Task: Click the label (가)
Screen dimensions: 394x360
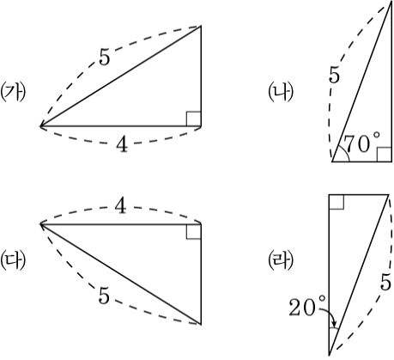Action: tap(13, 93)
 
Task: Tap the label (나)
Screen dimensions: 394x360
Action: tap(281, 93)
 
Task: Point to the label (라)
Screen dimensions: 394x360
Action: tap(281, 260)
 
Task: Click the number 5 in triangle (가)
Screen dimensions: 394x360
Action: tap(104, 57)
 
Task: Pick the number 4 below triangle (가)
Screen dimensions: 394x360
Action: tap(122, 143)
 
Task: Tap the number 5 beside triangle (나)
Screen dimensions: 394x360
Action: tap(335, 75)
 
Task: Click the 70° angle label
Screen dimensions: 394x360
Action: tap(361, 143)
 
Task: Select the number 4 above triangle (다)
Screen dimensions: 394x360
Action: tap(120, 206)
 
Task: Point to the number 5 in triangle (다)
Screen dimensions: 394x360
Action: tap(104, 296)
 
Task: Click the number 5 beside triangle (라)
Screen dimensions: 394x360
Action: tap(385, 282)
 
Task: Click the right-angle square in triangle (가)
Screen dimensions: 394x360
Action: tap(194, 119)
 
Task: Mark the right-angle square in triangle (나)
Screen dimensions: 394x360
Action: tap(385, 155)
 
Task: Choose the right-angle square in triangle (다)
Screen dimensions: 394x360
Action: tap(194, 231)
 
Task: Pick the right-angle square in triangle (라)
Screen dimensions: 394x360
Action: tap(336, 202)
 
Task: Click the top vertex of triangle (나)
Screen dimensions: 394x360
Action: tap(391, 1)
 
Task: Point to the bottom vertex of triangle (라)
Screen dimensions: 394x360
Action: tap(330, 355)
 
